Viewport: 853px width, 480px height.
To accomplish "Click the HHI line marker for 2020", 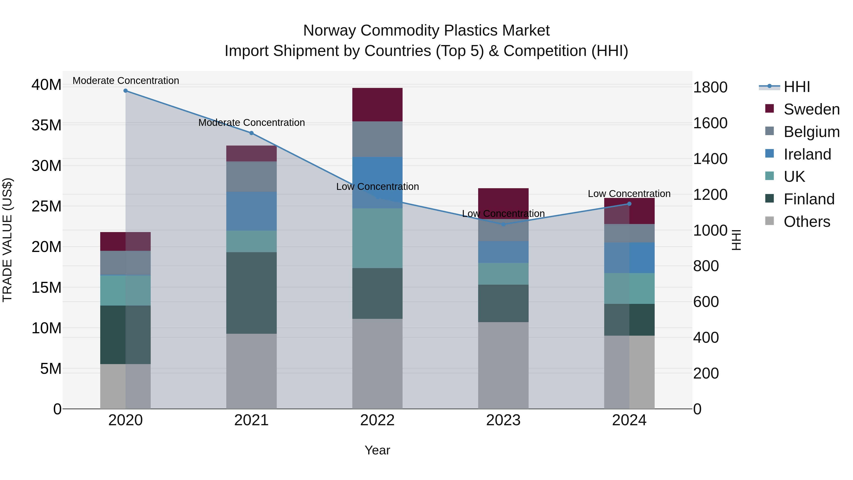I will pos(126,91).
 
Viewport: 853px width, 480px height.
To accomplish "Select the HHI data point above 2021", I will pos(251,133).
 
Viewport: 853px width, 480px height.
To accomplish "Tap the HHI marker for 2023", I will pos(503,224).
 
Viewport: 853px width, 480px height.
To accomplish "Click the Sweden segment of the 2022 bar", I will pos(377,105).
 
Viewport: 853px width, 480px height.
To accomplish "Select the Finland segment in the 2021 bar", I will pos(251,293).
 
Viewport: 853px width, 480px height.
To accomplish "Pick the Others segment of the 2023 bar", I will pos(503,365).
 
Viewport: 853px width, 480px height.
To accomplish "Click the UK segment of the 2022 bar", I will pos(377,238).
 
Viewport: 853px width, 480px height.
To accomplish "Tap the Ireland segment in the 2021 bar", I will pos(251,211).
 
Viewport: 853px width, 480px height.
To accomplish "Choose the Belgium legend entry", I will pos(811,132).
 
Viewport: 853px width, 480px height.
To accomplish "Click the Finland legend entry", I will pos(809,199).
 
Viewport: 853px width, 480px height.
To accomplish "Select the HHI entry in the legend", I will pos(796,87).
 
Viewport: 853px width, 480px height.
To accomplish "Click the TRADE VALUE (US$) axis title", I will pos(8,240).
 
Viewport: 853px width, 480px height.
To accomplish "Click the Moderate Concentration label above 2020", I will pos(126,81).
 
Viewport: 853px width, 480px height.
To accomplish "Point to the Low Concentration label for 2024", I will pos(629,194).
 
